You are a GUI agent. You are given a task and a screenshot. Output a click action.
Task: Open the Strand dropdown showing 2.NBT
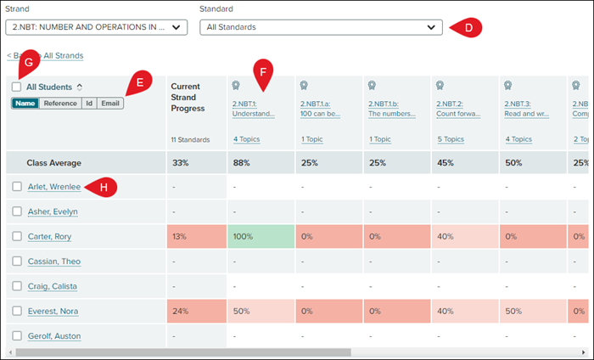coord(96,27)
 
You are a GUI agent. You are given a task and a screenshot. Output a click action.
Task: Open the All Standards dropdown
coord(321,27)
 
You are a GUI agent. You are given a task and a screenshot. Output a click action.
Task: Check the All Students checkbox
coord(17,87)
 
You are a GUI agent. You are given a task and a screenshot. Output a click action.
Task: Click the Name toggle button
coord(25,104)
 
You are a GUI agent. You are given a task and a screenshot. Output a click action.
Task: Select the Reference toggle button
coord(60,104)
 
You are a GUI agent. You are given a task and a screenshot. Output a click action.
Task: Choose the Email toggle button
coord(109,104)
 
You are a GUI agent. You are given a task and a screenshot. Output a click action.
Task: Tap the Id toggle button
coord(88,104)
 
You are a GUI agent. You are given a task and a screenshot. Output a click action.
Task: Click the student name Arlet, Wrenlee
coord(53,187)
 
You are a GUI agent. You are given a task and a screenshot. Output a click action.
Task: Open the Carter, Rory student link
coord(51,236)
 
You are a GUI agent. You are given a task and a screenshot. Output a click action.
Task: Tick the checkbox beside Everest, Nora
coord(17,311)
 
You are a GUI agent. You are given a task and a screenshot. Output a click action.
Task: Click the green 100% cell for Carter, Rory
coord(260,236)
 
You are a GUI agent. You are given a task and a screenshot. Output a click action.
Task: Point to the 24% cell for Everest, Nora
coord(196,311)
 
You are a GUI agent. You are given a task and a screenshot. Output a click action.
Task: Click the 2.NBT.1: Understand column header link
coord(253,109)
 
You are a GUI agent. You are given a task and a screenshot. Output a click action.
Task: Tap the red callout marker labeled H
coord(103,187)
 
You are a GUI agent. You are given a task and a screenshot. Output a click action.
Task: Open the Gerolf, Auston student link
coord(54,336)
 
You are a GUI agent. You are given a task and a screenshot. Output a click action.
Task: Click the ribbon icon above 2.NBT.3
coord(507,86)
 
